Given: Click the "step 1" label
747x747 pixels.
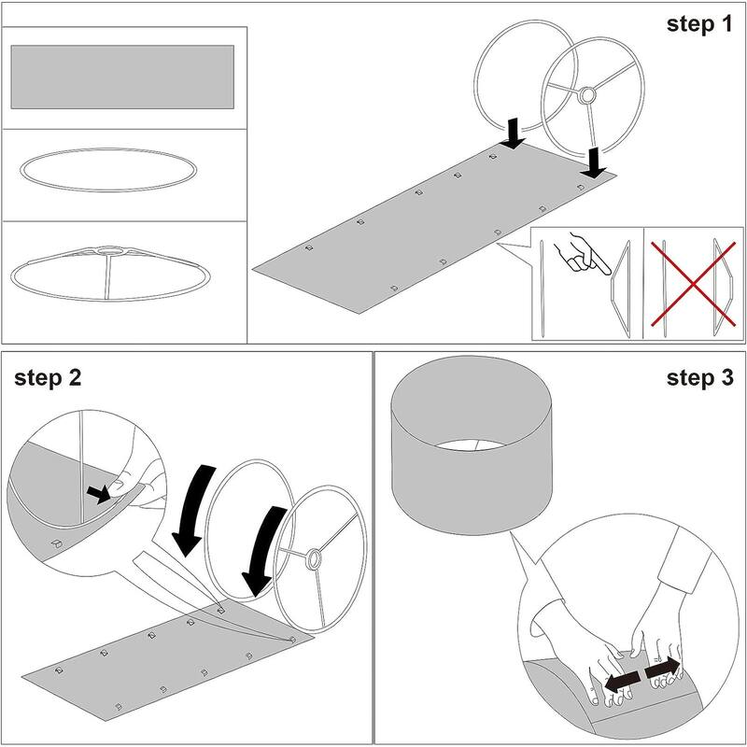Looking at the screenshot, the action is click(x=699, y=25).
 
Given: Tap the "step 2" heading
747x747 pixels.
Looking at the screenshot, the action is click(x=48, y=378).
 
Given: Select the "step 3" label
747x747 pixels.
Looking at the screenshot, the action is click(x=699, y=378).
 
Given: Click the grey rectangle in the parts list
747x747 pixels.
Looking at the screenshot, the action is click(x=122, y=77).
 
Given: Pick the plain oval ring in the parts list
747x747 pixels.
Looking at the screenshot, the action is click(x=108, y=170).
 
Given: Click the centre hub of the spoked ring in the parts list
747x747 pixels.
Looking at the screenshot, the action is click(x=110, y=250).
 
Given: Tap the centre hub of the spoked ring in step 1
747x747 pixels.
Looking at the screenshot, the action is click(x=586, y=95).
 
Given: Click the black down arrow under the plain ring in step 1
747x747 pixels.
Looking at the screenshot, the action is click(x=513, y=134).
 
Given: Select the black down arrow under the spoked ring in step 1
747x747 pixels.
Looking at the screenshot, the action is click(x=594, y=163).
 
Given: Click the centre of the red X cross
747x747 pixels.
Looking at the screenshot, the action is click(x=693, y=284).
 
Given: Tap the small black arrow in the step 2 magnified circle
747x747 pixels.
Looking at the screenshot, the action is click(x=99, y=495).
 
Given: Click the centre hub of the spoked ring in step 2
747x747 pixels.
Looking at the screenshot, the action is click(x=315, y=558).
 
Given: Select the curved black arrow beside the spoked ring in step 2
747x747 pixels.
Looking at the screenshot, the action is click(x=263, y=551).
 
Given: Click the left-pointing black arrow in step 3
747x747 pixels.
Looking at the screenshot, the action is click(x=622, y=683).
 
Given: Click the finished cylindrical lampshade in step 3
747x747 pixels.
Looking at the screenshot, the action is click(x=472, y=445).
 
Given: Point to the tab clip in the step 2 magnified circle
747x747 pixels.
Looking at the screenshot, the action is click(x=58, y=543).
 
